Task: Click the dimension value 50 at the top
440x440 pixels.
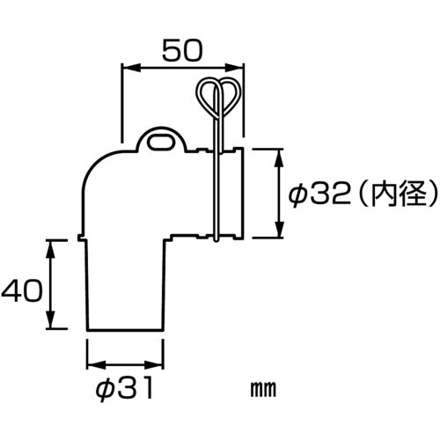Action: click(x=181, y=51)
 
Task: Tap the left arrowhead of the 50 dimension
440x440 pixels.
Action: click(x=124, y=67)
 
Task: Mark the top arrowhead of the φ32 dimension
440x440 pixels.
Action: click(x=280, y=153)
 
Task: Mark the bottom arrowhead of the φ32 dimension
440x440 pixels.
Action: click(x=280, y=234)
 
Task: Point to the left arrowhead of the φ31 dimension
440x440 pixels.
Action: click(x=91, y=364)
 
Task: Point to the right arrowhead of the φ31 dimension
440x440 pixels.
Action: click(x=160, y=364)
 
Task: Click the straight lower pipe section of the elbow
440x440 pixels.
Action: click(x=124, y=286)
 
